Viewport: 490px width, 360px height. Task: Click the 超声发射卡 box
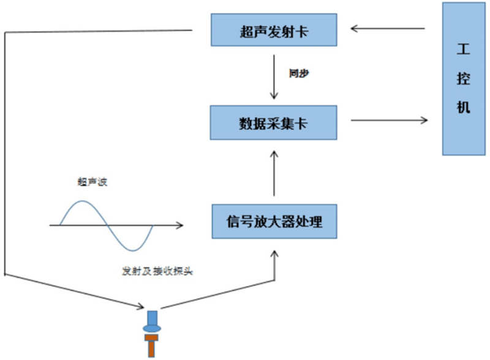click(x=273, y=30)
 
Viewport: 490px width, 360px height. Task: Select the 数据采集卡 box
click(x=273, y=121)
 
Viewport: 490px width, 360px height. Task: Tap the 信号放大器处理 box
click(x=273, y=221)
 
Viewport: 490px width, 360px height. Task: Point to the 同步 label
click(x=299, y=72)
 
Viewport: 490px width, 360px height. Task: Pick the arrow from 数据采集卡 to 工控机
click(x=390, y=121)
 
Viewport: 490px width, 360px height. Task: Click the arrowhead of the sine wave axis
click(x=179, y=225)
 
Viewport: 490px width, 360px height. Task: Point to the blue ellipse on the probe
click(x=153, y=329)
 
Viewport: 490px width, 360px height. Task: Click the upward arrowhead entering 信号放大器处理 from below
click(x=274, y=252)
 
